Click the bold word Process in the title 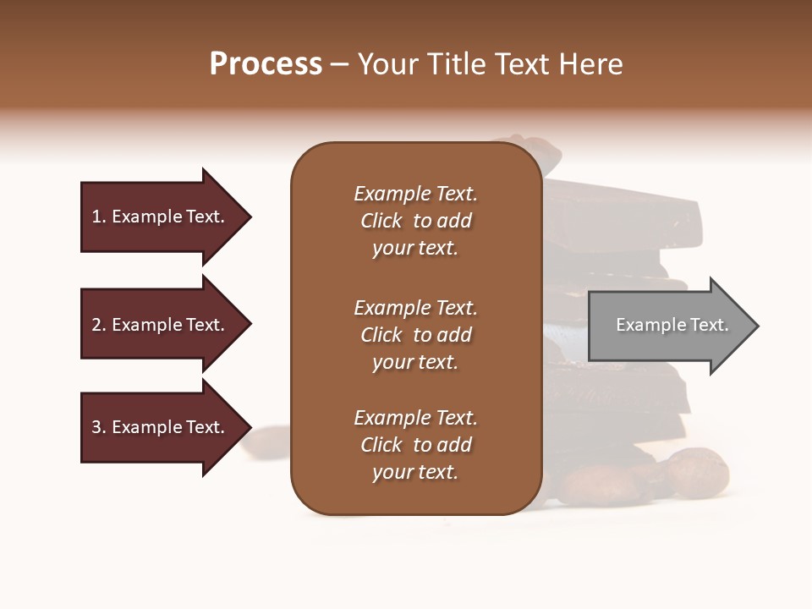coord(266,64)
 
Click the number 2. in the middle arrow coord(99,325)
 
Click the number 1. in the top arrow coord(99,217)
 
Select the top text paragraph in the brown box coord(415,221)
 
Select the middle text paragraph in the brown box coord(415,335)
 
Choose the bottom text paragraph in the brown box coord(415,445)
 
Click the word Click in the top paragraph coord(381,221)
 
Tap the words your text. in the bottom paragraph coord(415,472)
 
